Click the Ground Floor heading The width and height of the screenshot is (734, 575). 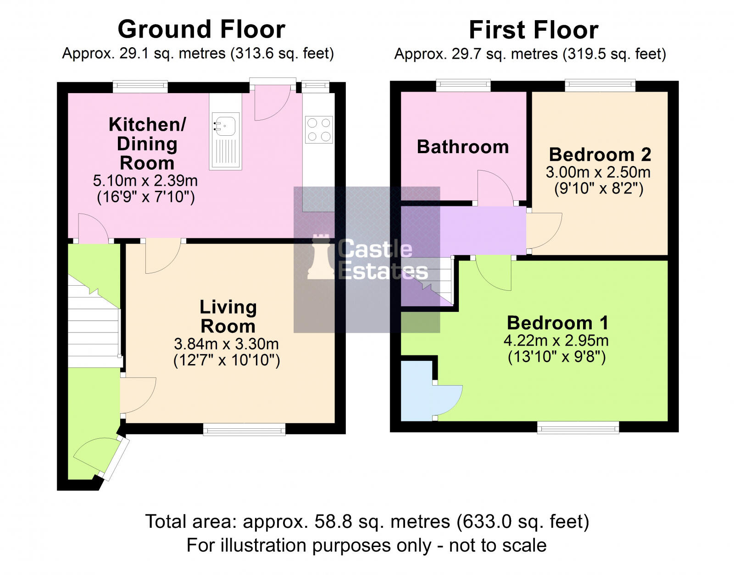pos(201,29)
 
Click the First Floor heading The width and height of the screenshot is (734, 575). pos(533,30)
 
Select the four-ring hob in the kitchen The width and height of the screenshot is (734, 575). pos(319,130)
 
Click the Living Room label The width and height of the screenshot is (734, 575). pos(228,316)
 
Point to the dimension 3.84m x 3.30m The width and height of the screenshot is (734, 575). pos(226,344)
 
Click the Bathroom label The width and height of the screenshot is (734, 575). pos(462,147)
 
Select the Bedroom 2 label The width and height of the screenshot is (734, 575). pos(600,155)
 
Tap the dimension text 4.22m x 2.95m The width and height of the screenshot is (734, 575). pos(556,341)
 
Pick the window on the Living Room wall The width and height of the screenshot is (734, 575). pos(244,429)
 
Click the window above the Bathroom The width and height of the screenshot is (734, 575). pos(463,85)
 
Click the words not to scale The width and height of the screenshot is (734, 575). pos(497,546)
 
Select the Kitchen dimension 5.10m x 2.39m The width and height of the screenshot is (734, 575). pos(145,181)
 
